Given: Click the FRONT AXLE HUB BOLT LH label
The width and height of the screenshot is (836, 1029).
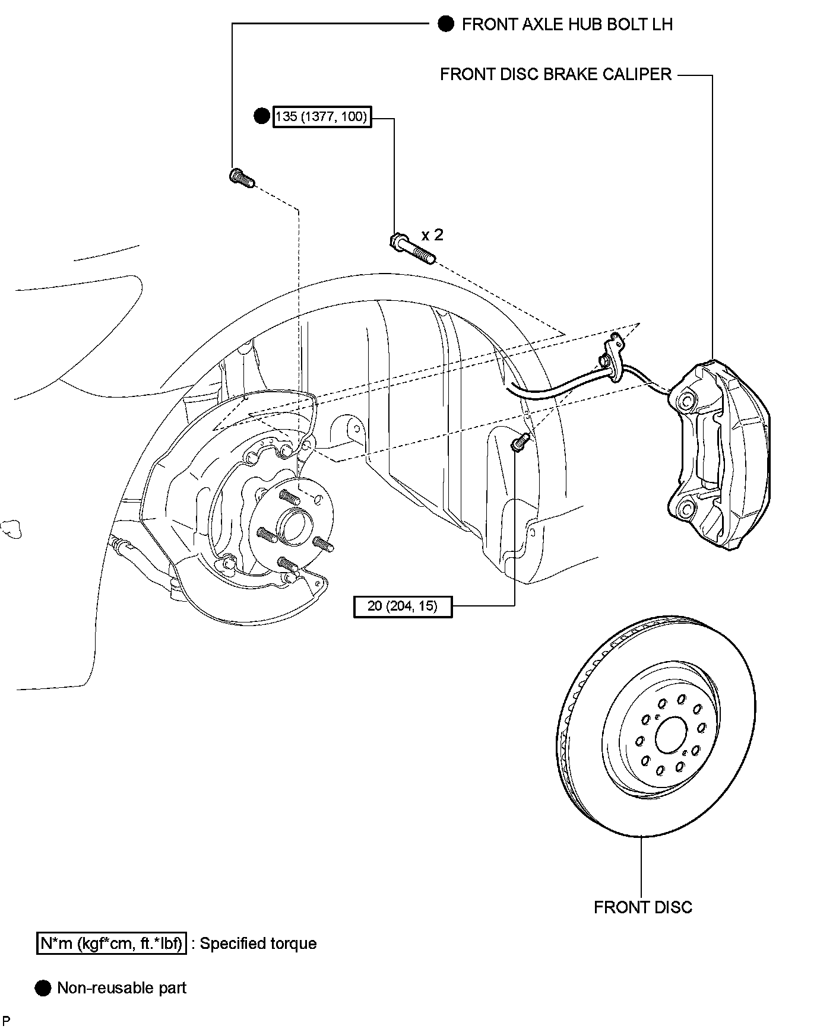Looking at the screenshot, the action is click(x=567, y=24).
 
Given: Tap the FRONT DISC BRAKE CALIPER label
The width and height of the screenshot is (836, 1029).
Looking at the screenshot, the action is click(x=556, y=74).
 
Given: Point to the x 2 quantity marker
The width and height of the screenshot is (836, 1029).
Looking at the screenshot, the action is click(x=432, y=235).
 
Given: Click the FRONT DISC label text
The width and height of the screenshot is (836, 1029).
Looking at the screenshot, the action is click(x=643, y=907).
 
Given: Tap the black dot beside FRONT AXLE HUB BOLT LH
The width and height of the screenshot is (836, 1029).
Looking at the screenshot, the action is click(x=446, y=24).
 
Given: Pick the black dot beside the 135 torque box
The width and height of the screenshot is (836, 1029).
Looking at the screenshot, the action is click(x=262, y=116).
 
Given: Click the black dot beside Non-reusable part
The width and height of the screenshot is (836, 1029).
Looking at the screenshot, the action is click(x=43, y=988).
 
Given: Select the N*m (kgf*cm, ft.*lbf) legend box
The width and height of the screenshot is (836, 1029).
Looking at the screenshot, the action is click(x=112, y=943).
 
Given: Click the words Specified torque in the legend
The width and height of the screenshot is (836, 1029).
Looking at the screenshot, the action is click(x=258, y=944).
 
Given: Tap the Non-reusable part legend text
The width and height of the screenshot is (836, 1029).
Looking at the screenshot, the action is click(x=122, y=988).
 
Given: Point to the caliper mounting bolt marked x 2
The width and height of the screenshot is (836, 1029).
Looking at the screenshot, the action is click(x=412, y=249).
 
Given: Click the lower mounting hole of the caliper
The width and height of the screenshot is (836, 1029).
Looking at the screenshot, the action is click(x=686, y=510).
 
